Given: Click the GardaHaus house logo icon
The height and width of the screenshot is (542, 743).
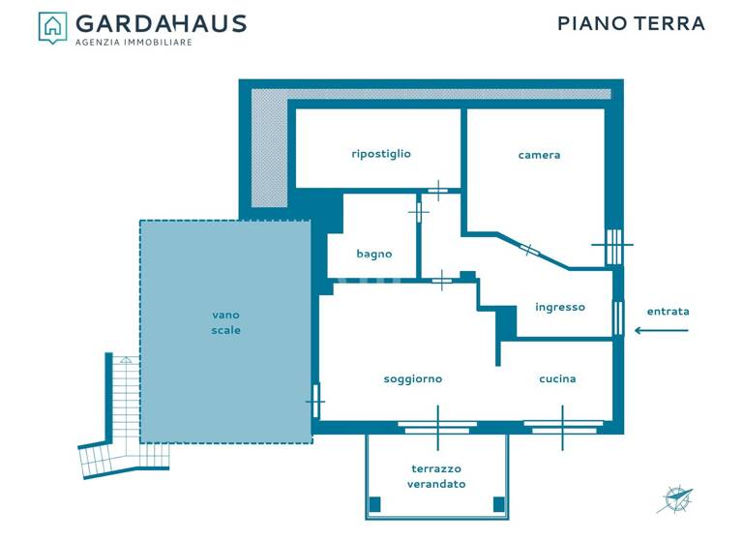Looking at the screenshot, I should click(52, 26).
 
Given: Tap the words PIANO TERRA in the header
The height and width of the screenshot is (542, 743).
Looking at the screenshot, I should click(631, 23).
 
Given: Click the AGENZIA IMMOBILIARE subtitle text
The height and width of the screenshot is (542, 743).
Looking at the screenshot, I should click(134, 43).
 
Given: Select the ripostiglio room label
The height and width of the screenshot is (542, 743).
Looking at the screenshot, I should click(381, 154).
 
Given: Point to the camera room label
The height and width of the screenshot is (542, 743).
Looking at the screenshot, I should click(539, 155).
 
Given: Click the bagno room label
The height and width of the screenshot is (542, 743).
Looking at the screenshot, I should click(374, 255).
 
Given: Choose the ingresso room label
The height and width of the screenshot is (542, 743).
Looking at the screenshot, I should click(560, 308).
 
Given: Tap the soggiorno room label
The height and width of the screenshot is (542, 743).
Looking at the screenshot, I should click(413, 379).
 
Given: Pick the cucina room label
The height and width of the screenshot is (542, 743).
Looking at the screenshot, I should click(557, 379).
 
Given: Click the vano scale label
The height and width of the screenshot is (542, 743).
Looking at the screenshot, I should click(225, 322).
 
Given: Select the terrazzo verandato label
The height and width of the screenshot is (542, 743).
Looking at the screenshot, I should click(436, 476).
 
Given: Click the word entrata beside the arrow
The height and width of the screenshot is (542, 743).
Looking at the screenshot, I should click(668, 312).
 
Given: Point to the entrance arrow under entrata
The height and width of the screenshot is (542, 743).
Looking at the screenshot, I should click(662, 331).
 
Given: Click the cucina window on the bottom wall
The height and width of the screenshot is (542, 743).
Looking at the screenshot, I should click(563, 424).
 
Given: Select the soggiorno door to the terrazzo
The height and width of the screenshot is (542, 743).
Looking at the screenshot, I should click(437, 424).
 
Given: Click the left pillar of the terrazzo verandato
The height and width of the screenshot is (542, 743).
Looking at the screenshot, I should click(375, 504).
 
